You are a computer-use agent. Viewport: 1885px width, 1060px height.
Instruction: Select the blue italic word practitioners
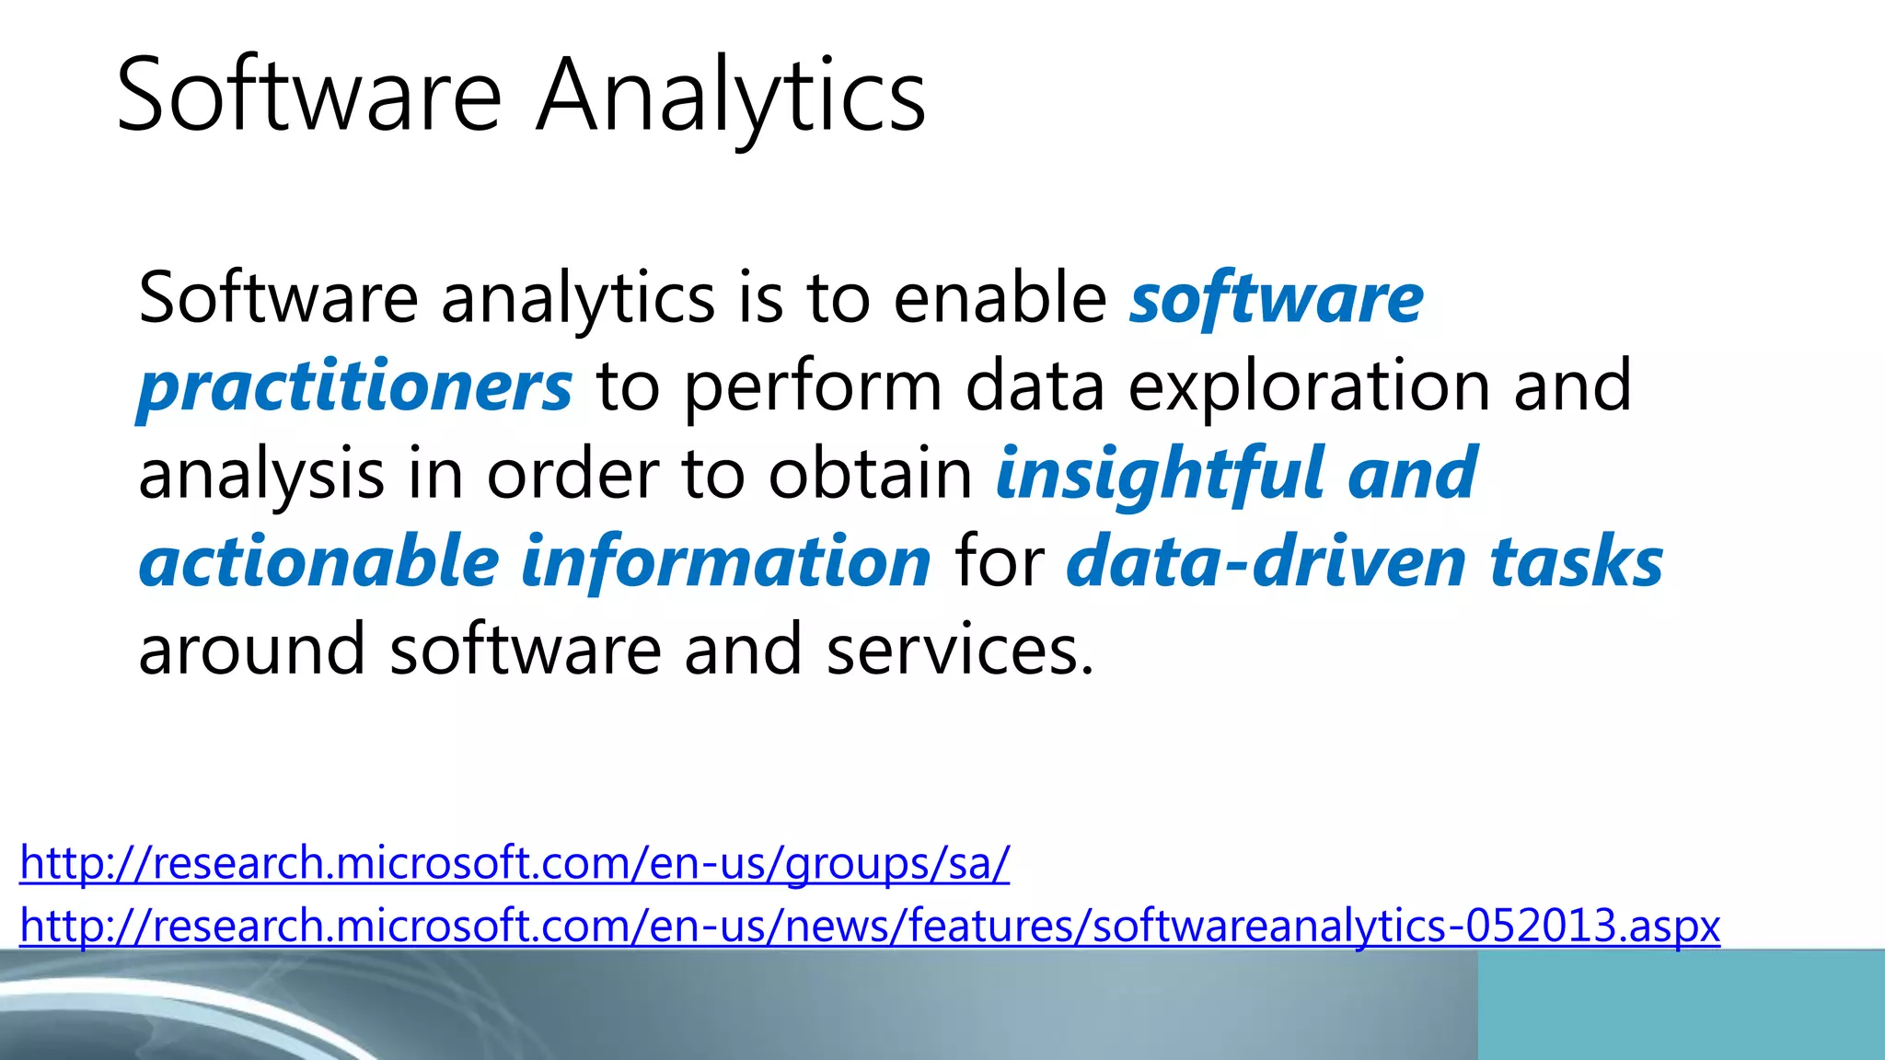[355, 386]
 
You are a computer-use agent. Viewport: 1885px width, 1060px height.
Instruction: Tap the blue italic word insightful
[1160, 474]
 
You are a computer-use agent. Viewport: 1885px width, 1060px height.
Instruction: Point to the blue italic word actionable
[318, 561]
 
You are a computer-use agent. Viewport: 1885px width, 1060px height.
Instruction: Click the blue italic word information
[726, 561]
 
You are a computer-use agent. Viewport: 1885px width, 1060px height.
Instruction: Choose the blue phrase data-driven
[1266, 561]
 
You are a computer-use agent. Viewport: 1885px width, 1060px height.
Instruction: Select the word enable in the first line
[1000, 298]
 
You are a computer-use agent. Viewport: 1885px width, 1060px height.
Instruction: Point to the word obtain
[870, 474]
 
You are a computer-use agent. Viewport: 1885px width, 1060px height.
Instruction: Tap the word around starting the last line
[251, 650]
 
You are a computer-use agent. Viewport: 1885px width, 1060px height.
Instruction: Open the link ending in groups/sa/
[515, 863]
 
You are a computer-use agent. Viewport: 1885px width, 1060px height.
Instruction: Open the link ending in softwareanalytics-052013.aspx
[870, 926]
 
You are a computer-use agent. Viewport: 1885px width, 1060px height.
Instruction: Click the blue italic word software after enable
[1277, 298]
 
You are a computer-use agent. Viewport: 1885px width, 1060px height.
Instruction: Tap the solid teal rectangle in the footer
[1681, 1005]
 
